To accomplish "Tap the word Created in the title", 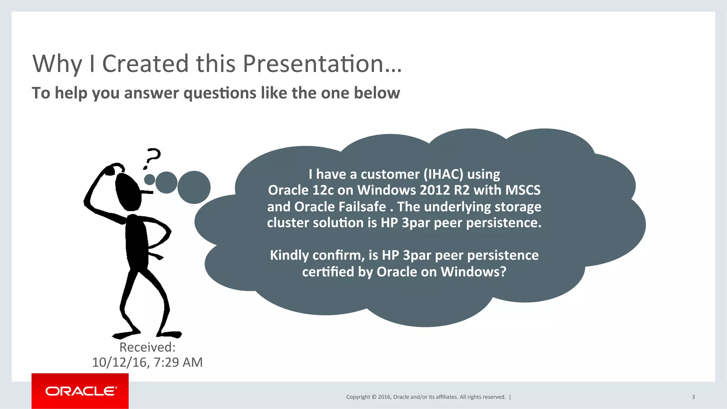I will [x=145, y=64].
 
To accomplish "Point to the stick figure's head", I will [x=128, y=192].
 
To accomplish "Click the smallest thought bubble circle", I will [x=149, y=179].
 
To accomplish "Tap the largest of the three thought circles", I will [x=194, y=187].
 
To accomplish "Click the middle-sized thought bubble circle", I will [x=166, y=182].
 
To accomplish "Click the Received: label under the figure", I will [x=147, y=347].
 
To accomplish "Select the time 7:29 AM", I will [x=178, y=362].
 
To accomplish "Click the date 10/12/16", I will [x=119, y=362].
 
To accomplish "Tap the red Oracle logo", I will [x=80, y=391].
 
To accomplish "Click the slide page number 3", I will [x=693, y=397].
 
